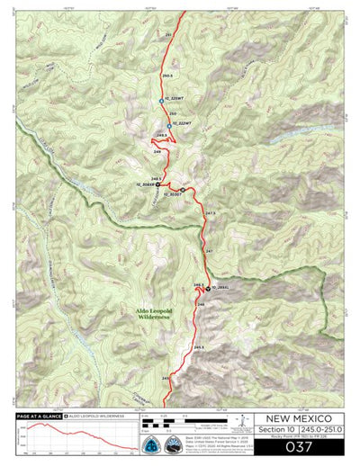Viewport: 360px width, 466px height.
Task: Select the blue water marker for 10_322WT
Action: (169, 122)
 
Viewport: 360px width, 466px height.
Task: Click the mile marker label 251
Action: (168, 33)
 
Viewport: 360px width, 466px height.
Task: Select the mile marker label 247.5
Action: (211, 213)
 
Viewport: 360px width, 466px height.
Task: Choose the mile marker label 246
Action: (201, 305)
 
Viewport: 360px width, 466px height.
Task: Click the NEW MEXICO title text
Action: (299, 418)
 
